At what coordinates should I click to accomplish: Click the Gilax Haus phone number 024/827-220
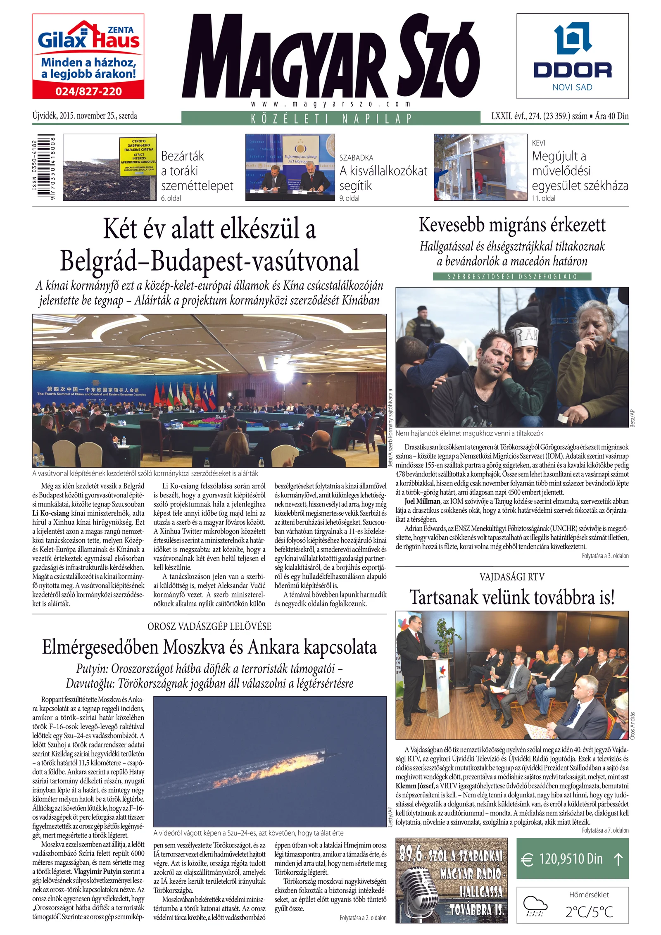click(x=88, y=91)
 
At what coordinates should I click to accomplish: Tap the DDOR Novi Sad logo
click(x=572, y=56)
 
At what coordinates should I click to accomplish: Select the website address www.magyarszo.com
click(x=330, y=104)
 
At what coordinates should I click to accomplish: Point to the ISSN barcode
click(x=46, y=167)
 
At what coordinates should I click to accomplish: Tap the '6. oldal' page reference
click(x=171, y=198)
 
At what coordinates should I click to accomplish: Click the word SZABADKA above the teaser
click(x=356, y=158)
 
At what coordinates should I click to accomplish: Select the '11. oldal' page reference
click(x=544, y=198)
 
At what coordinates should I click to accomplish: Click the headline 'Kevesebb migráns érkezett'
click(x=512, y=225)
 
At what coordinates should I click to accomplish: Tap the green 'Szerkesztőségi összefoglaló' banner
click(x=512, y=276)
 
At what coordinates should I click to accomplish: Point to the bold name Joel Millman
click(x=422, y=502)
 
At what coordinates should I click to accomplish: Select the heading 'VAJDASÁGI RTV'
click(x=512, y=577)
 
